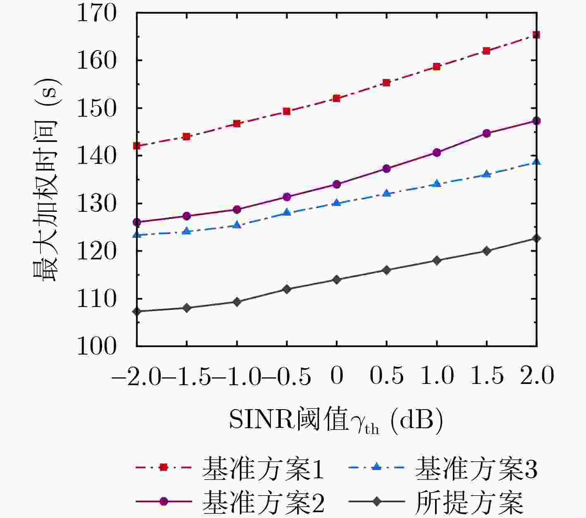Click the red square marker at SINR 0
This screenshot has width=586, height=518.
[337, 98]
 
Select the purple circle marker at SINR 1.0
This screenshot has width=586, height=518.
[437, 153]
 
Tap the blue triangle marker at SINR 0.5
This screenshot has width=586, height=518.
[387, 193]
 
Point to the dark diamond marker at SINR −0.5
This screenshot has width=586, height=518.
[287, 289]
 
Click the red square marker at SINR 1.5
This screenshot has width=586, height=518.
[487, 51]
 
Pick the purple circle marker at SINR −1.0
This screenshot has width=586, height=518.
[237, 210]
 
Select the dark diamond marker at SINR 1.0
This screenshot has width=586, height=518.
[437, 261]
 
